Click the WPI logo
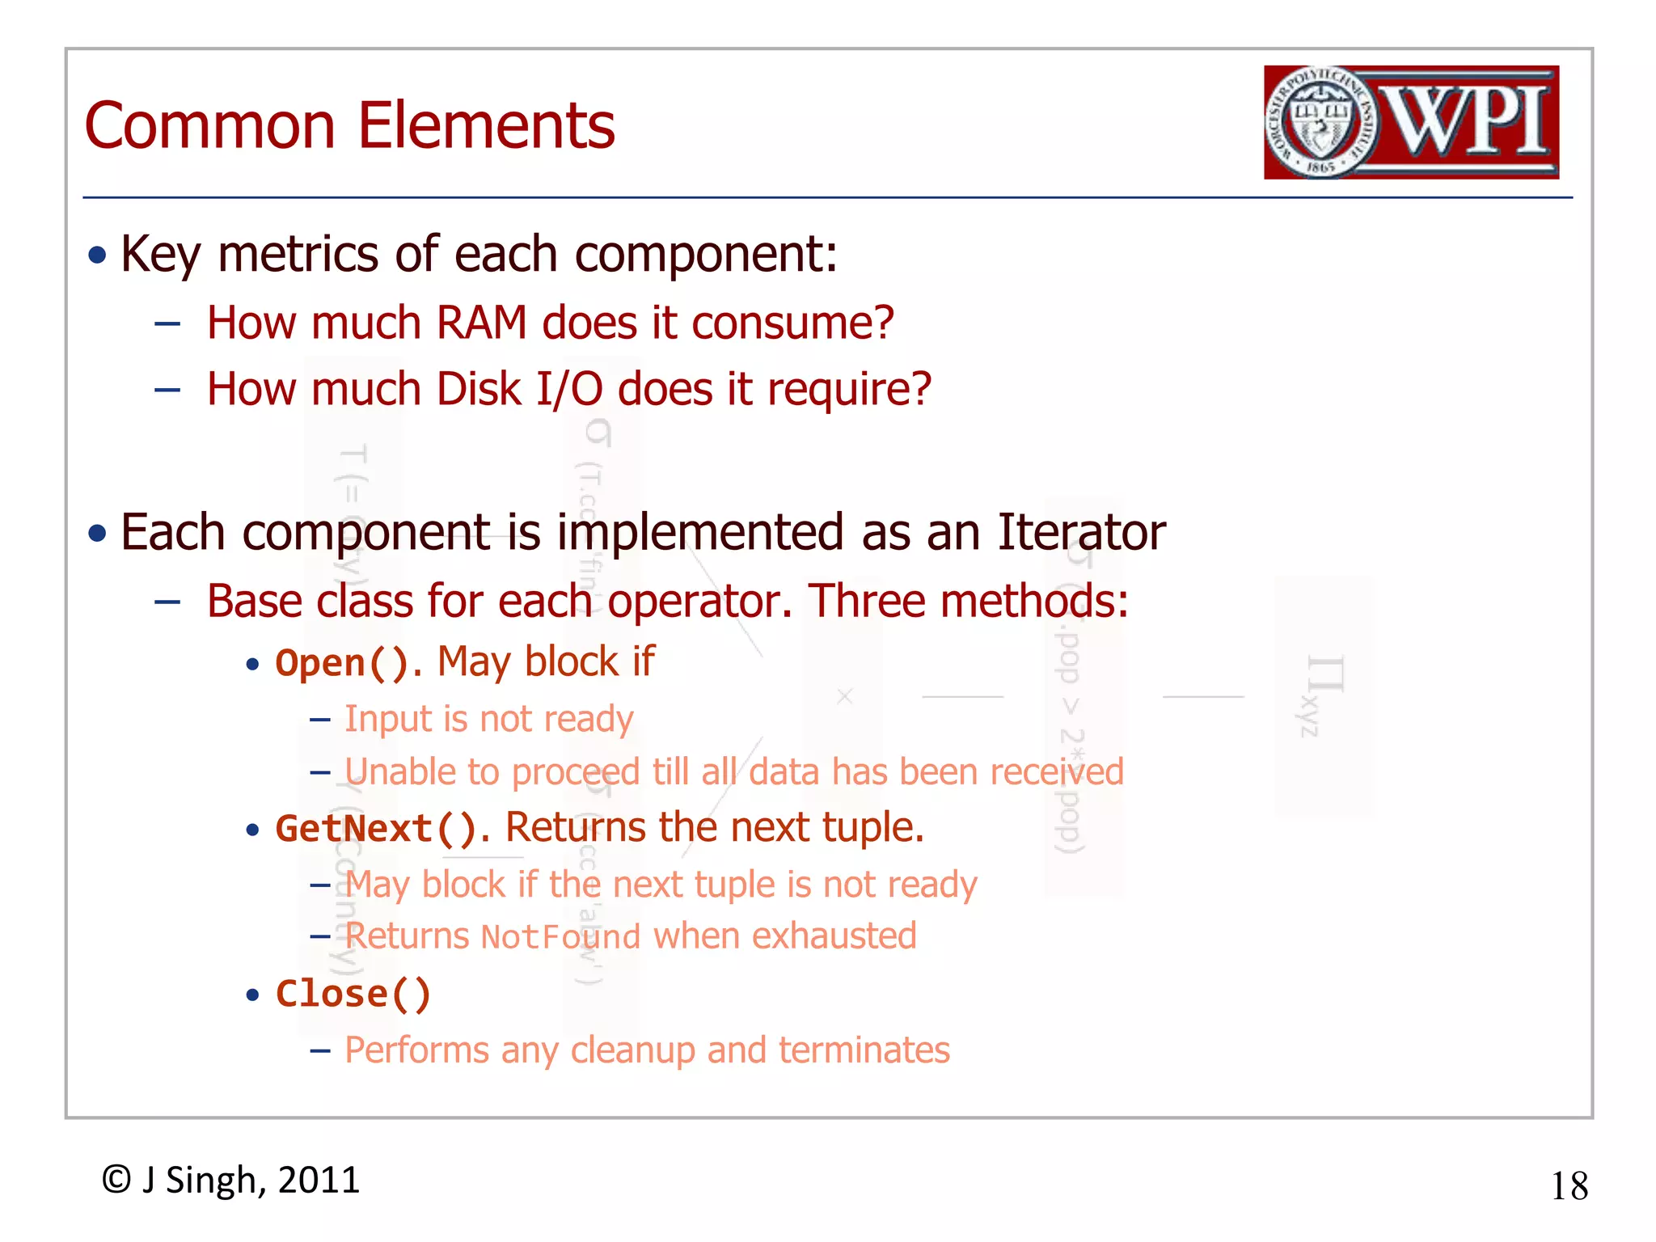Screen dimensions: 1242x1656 pyautogui.click(x=1411, y=122)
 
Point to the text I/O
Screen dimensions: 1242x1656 pyautogui.click(x=569, y=389)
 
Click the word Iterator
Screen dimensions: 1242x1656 pyautogui.click(x=1081, y=533)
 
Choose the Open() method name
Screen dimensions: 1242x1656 pyautogui.click(x=342, y=663)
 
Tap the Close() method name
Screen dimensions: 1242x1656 pyautogui.click(x=353, y=994)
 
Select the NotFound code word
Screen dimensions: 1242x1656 pyautogui.click(x=560, y=937)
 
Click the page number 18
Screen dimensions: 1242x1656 pyautogui.click(x=1569, y=1186)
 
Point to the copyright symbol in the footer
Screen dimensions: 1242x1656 pyautogui.click(x=116, y=1180)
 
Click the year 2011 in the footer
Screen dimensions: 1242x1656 pyautogui.click(x=319, y=1181)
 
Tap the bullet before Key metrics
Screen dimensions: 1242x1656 pyautogui.click(x=98, y=256)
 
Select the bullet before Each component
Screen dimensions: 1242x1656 pyautogui.click(x=98, y=534)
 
